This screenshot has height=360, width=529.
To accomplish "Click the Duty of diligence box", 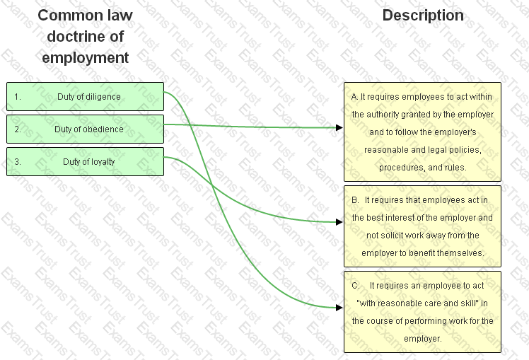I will (x=85, y=97).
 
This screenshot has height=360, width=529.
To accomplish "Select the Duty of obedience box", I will (x=85, y=129).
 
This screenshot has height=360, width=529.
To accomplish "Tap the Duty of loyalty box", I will (x=85, y=161).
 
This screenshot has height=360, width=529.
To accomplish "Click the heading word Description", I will (x=423, y=16).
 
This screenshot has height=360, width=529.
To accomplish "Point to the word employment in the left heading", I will (x=85, y=58).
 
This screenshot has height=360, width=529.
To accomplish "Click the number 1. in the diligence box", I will (x=18, y=97).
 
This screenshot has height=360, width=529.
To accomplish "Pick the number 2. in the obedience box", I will (x=18, y=129).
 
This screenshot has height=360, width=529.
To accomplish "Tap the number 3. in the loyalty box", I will (x=18, y=161).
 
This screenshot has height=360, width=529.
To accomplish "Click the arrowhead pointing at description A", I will (x=339, y=128).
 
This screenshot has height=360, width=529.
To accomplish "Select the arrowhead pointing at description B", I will (x=339, y=222).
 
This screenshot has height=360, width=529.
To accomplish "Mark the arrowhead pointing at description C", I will (x=339, y=308).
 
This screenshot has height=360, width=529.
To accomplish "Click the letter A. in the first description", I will (x=354, y=96).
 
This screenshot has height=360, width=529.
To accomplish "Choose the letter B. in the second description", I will (x=355, y=200).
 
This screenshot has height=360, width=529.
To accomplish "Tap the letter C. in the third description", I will (x=355, y=286).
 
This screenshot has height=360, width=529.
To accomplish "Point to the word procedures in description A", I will (x=400, y=168).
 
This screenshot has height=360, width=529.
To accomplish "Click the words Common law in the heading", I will (x=85, y=16).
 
